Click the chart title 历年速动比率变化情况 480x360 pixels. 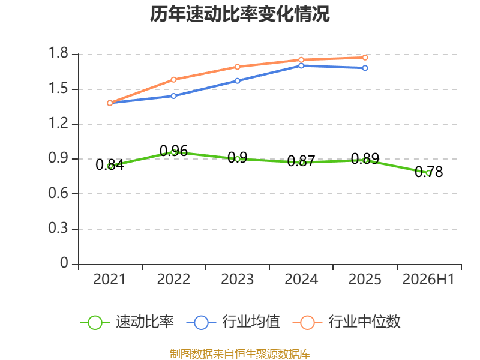(x=239, y=14)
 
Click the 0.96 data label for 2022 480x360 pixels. (x=173, y=151)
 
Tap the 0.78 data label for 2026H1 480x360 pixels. (x=428, y=172)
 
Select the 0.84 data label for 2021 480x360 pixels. (x=110, y=164)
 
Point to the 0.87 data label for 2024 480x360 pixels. (x=301, y=161)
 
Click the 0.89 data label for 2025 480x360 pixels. (x=365, y=158)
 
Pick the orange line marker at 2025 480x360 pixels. (x=365, y=58)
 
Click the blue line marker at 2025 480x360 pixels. (x=365, y=68)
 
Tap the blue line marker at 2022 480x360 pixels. (x=173, y=96)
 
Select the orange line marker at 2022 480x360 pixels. (x=173, y=80)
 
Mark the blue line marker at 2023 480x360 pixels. (x=237, y=81)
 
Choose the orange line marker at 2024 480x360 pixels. (x=301, y=59)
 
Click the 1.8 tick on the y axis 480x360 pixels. (x=58, y=53)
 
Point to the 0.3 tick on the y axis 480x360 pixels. (x=58, y=229)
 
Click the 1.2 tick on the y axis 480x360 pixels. (x=58, y=123)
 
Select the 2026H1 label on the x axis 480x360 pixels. (x=428, y=280)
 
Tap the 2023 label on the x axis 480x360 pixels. (x=237, y=280)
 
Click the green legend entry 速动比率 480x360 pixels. (x=127, y=322)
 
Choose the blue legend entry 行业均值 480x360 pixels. (x=233, y=322)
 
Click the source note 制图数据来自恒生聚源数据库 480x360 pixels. (x=240, y=354)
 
